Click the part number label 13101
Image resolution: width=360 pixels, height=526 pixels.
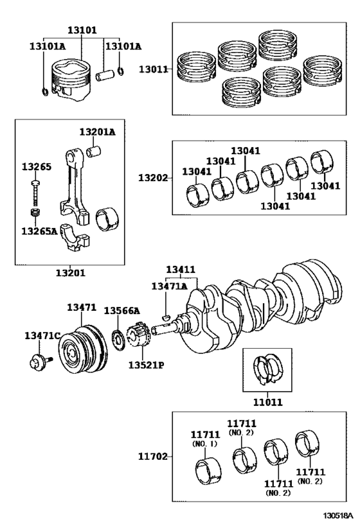82,30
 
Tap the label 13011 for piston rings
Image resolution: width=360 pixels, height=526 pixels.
154,69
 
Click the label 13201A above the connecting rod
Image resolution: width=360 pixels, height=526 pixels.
97,132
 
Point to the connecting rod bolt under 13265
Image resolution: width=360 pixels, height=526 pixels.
36,193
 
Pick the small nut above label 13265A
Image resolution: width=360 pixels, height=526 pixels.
35,213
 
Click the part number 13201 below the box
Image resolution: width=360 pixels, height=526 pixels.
71,273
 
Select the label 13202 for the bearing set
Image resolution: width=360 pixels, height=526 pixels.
153,177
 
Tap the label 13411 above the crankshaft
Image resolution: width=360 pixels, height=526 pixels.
181,269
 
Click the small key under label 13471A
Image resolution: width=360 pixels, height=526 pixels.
166,315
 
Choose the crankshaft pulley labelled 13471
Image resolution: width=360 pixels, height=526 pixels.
83,349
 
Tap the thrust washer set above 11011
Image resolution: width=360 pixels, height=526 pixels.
268,369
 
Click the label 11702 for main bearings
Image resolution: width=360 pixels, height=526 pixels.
153,456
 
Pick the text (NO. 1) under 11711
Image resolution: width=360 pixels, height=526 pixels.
205,444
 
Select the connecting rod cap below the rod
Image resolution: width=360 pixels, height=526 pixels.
75,238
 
